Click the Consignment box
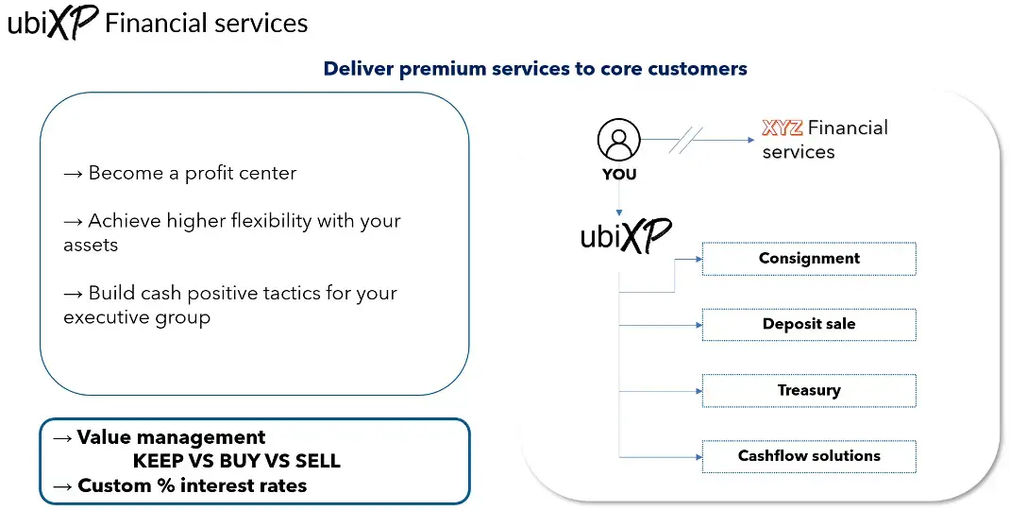click(x=809, y=259)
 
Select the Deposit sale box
click(x=809, y=324)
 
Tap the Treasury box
click(x=809, y=390)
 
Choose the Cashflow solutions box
click(x=809, y=455)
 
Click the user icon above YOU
click(x=618, y=141)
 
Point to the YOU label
click(x=618, y=175)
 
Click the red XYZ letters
click(x=782, y=127)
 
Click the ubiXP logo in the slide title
click(x=52, y=23)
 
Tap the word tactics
click(x=300, y=293)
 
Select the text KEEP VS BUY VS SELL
click(x=236, y=462)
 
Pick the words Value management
click(x=171, y=437)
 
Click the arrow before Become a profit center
click(x=74, y=174)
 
